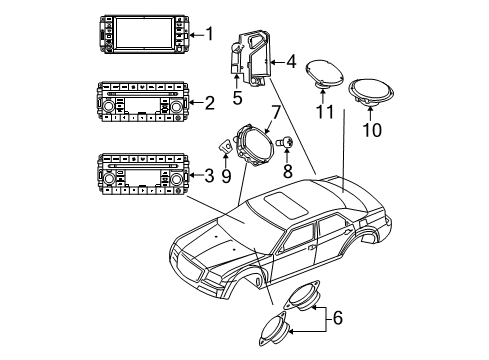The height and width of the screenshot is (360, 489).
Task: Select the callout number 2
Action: [x=208, y=101]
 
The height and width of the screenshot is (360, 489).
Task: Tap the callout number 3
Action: [x=208, y=176]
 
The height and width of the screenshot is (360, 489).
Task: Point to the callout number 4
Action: [x=291, y=62]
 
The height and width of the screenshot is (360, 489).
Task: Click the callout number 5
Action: [x=237, y=98]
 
